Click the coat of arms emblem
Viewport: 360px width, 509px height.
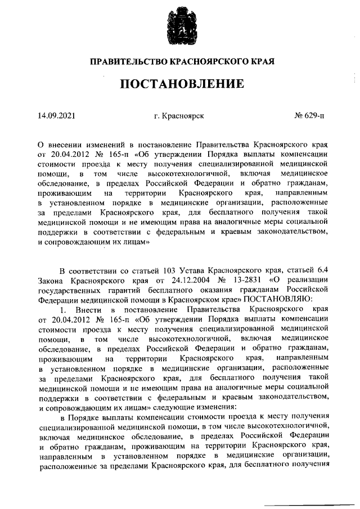coord(179,28)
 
